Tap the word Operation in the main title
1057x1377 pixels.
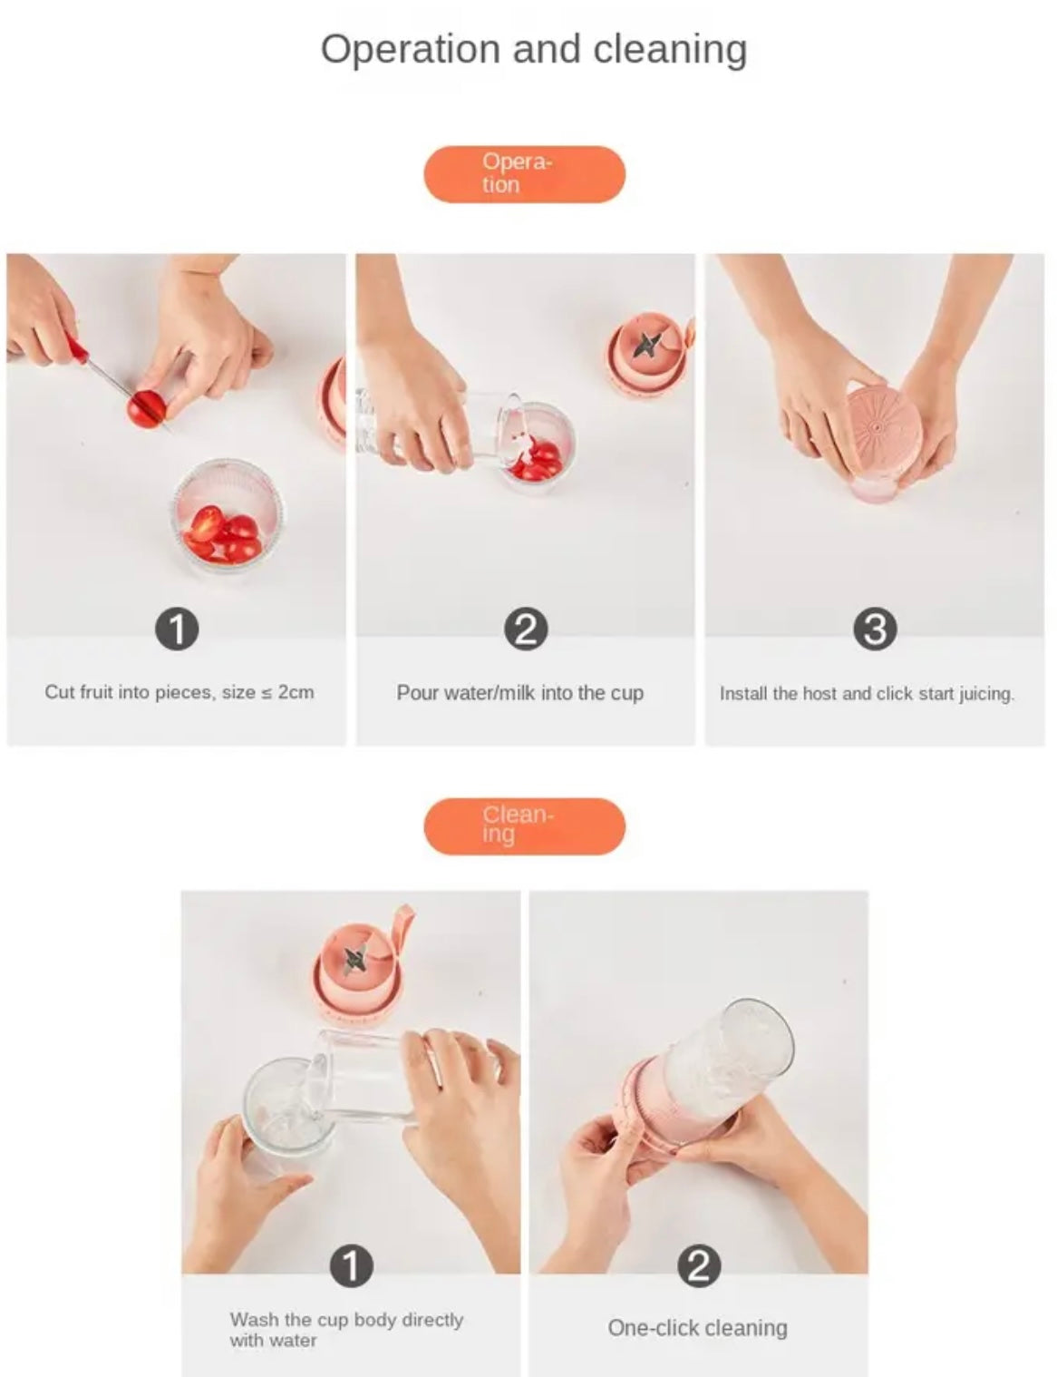(x=411, y=50)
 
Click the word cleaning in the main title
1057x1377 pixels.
(x=670, y=50)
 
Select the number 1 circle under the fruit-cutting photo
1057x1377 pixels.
(x=177, y=630)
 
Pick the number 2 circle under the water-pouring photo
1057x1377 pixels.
(x=526, y=630)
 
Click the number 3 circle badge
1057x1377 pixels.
(x=875, y=630)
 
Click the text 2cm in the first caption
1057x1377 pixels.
(x=296, y=692)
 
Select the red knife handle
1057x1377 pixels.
(x=77, y=348)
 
